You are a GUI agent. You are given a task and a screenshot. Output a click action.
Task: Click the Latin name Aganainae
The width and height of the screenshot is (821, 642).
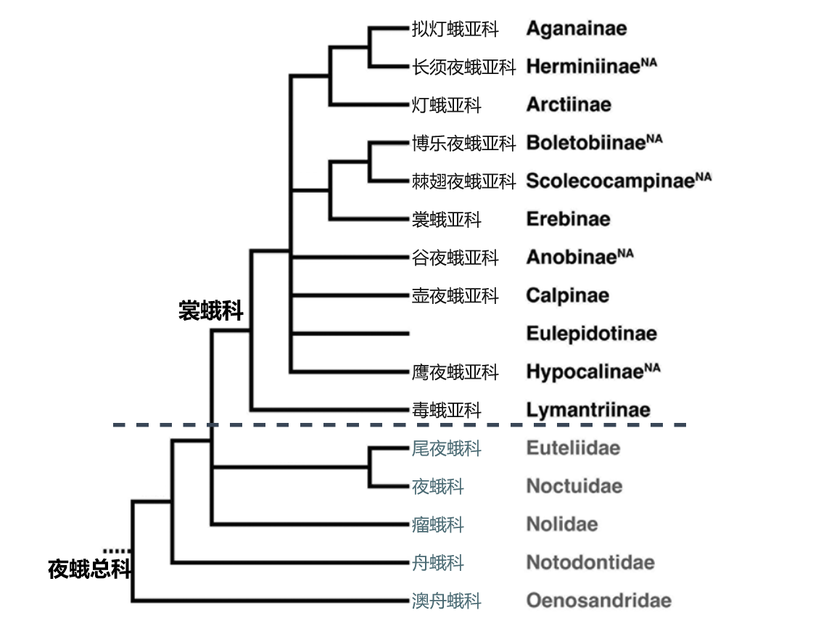pos(577,28)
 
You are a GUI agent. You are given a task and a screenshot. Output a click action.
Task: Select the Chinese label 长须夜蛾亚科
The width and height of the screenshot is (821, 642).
pos(464,67)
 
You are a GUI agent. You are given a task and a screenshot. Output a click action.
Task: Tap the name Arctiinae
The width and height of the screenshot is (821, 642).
pos(569,104)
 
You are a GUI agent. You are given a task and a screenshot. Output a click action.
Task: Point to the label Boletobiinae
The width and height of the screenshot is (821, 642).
pos(585,143)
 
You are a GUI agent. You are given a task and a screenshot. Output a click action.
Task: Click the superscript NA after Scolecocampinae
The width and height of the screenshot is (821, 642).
pos(704,176)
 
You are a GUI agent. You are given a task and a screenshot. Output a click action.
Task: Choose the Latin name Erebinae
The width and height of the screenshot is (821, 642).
pos(568,219)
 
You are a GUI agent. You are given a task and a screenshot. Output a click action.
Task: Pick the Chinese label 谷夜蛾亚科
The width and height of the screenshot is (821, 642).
pos(455,258)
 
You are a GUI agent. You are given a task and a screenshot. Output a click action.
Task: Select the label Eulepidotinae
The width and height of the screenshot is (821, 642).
pos(592,334)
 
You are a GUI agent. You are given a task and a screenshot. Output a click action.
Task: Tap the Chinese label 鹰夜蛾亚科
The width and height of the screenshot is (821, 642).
pos(455,372)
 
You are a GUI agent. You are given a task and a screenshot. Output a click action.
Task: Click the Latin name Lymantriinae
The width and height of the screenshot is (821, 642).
pos(588,410)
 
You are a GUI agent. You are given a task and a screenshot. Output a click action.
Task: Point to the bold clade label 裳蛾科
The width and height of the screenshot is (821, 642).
pos(211,310)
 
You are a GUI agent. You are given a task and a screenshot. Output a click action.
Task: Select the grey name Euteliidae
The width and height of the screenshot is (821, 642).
pos(573,448)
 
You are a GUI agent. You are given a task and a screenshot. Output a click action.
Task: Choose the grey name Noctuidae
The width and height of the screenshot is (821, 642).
pos(574,486)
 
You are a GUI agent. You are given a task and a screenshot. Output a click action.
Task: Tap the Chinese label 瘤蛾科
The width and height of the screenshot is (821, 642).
pos(438,524)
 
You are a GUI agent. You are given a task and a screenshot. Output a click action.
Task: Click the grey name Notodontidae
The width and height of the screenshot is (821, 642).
pos(590,562)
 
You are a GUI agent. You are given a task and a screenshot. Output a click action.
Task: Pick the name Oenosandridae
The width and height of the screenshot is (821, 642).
pos(598,601)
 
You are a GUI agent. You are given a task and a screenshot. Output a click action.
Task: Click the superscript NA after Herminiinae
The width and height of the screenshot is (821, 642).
pos(648,62)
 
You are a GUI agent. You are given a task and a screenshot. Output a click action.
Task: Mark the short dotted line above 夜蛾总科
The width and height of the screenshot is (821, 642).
pos(117,551)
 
